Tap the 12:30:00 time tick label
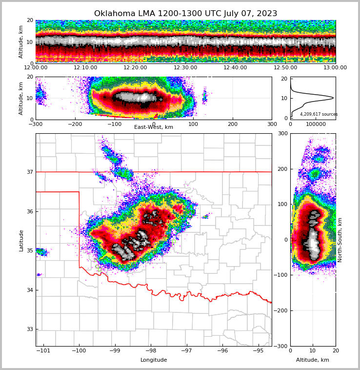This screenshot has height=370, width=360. [x=185, y=68]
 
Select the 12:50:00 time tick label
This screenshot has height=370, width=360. [x=285, y=68]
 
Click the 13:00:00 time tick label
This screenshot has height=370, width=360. [x=335, y=68]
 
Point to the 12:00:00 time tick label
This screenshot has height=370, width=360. [x=36, y=68]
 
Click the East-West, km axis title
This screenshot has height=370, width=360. [x=154, y=127]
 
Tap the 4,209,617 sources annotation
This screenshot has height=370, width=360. [x=319, y=114]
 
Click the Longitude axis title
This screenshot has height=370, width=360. [x=154, y=360]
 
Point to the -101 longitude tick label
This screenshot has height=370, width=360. [x=43, y=351]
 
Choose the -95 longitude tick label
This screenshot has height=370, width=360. [x=258, y=351]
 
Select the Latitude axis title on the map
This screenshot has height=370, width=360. [x=21, y=240]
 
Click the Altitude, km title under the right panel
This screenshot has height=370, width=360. [x=313, y=360]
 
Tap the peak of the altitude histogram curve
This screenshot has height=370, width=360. [x=333, y=98]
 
